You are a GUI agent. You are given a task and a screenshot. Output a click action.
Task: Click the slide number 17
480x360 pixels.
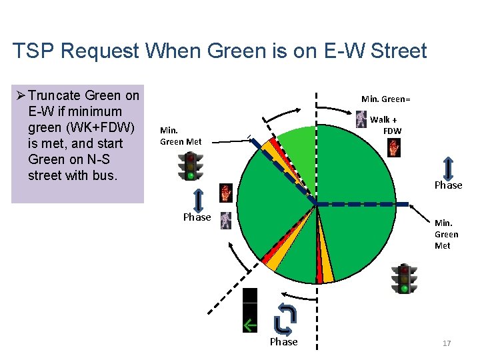(x=447, y=343)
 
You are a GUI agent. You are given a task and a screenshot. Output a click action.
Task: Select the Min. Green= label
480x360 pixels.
(x=385, y=99)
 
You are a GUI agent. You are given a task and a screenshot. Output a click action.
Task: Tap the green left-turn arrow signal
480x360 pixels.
(x=250, y=325)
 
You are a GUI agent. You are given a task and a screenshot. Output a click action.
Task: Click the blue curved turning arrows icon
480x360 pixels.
(x=283, y=319)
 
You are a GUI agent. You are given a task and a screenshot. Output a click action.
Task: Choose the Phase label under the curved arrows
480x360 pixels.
(x=283, y=342)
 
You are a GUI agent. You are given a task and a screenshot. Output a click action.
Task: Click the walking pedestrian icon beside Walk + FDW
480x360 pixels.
(x=361, y=119)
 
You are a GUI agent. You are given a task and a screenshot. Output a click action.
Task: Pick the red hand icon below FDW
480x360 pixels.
(x=394, y=147)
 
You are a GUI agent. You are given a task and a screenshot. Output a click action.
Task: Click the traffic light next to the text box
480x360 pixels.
(x=191, y=166)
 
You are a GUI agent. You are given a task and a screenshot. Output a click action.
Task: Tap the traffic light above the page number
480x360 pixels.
(x=404, y=279)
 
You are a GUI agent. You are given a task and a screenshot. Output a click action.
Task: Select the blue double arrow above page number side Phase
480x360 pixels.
(x=448, y=168)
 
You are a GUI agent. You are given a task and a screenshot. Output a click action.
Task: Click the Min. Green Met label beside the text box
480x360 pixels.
(x=181, y=136)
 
